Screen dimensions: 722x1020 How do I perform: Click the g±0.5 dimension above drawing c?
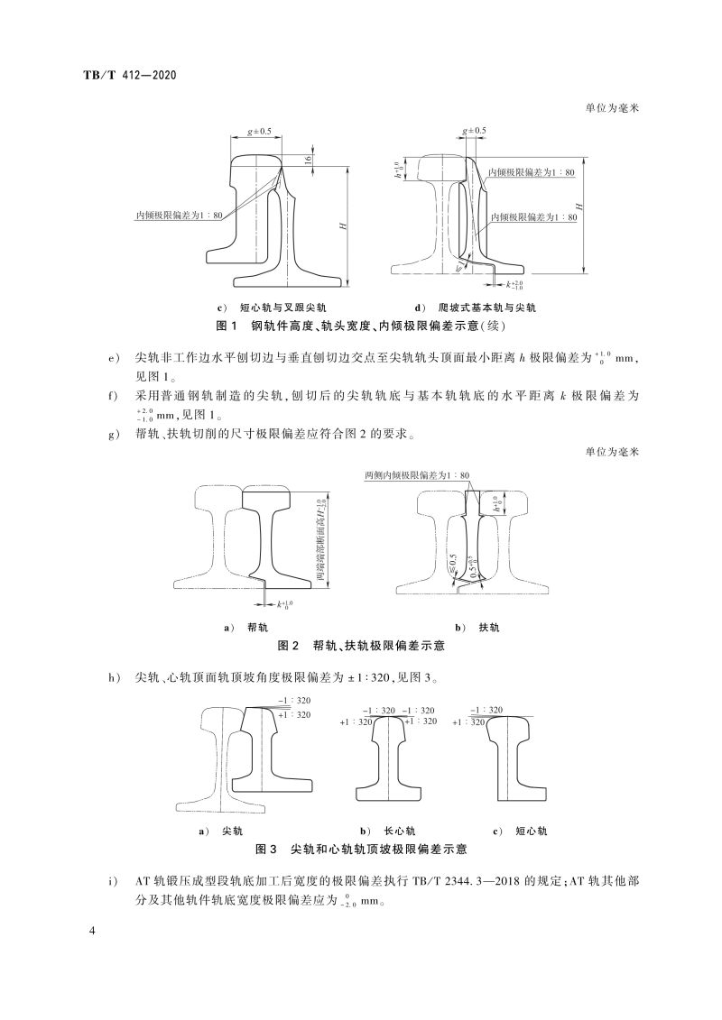(x=257, y=132)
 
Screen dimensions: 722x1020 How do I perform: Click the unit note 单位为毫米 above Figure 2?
(x=611, y=453)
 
